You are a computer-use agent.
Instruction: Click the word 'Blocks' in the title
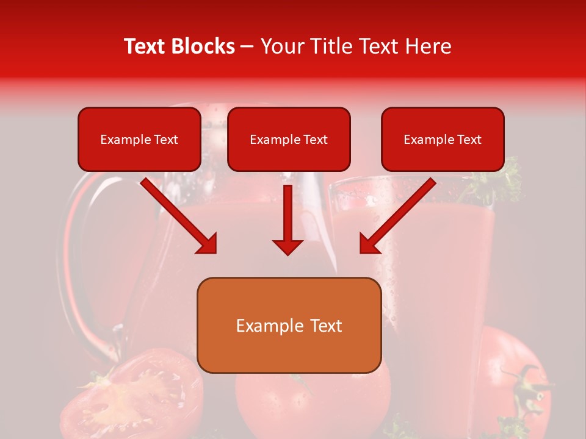(203, 46)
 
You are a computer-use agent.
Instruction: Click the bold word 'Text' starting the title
(146, 46)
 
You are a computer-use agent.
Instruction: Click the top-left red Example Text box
(139, 140)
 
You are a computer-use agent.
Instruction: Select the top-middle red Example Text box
(289, 140)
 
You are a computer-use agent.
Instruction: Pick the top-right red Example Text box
(443, 140)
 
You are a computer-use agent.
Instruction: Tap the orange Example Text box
(289, 326)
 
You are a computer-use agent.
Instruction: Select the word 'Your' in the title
(282, 46)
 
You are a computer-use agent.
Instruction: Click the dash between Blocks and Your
(247, 47)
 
